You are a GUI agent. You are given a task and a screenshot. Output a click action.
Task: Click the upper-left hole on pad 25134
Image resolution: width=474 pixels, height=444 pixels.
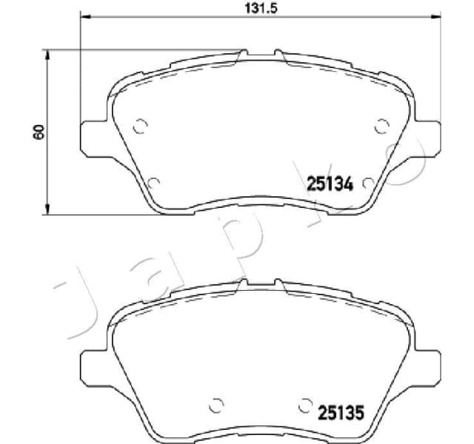tap(139, 127)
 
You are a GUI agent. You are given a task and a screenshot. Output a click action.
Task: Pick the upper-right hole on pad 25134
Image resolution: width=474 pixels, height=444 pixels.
tap(381, 127)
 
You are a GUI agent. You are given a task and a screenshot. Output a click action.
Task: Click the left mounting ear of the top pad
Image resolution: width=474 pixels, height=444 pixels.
tap(92, 138)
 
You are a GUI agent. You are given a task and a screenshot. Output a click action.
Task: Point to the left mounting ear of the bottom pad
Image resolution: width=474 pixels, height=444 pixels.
tap(92, 364)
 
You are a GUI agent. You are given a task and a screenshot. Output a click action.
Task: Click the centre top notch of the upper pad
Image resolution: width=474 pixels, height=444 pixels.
tap(260, 53)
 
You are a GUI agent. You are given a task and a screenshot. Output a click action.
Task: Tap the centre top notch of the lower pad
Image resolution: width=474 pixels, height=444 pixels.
tap(260, 283)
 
